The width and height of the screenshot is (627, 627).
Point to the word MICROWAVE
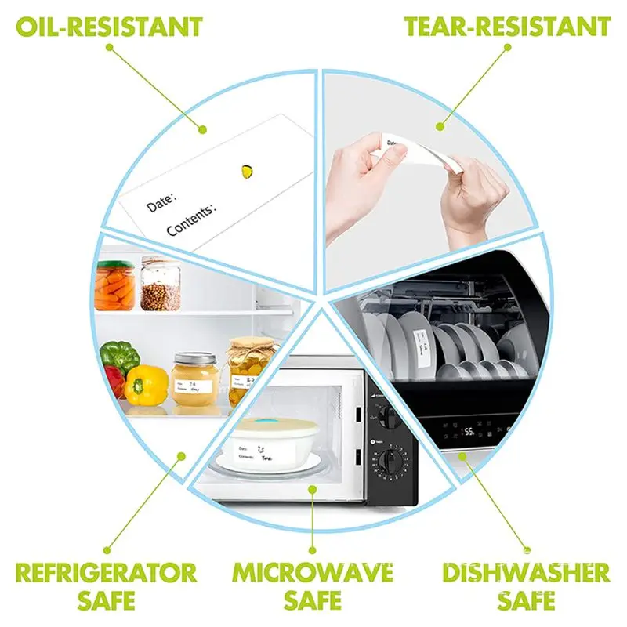coord(313,571)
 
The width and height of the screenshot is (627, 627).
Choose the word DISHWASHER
coord(526,571)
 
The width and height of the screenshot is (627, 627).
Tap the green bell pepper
coord(119,357)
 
